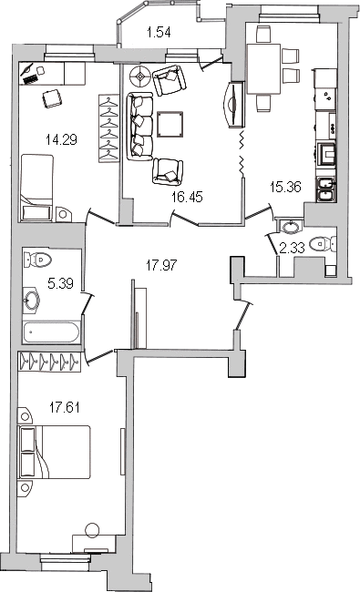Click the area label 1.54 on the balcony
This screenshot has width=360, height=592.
(159, 33)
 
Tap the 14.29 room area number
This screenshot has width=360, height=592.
(61, 140)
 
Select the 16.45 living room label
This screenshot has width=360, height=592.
(187, 197)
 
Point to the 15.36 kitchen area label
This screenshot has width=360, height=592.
(285, 187)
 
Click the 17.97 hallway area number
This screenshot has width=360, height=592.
(161, 265)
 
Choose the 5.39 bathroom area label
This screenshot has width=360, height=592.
(60, 283)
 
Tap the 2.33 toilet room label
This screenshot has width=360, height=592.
(292, 248)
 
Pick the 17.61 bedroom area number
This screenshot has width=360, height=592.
(64, 408)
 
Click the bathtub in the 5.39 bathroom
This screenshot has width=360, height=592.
(51, 332)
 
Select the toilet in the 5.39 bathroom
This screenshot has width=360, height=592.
(37, 260)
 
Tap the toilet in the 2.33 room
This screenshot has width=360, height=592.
(323, 244)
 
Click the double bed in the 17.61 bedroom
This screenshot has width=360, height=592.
(54, 453)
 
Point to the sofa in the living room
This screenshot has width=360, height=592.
(139, 127)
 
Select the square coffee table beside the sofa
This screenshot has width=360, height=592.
(170, 124)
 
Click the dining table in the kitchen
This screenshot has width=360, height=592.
(263, 68)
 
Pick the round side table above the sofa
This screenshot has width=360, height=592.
(140, 77)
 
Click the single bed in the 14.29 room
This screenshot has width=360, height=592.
(36, 188)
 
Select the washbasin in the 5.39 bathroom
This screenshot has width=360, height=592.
(32, 301)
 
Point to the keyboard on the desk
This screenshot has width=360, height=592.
(30, 78)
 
